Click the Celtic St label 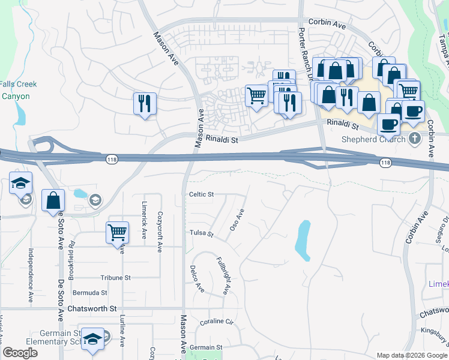coord(202,194)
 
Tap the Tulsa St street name coord(201,233)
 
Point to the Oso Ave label coord(237,220)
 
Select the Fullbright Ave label coord(223,275)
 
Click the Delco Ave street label coord(196,279)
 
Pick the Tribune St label coord(115,278)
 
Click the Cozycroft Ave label coord(160,223)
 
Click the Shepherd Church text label coord(373,139)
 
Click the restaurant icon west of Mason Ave coord(145,103)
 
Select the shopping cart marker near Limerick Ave coord(117,232)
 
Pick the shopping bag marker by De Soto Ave coord(53,200)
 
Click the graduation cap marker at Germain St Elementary coord(92,339)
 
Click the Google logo coord(20,353)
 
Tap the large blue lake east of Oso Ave coord(303,240)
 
